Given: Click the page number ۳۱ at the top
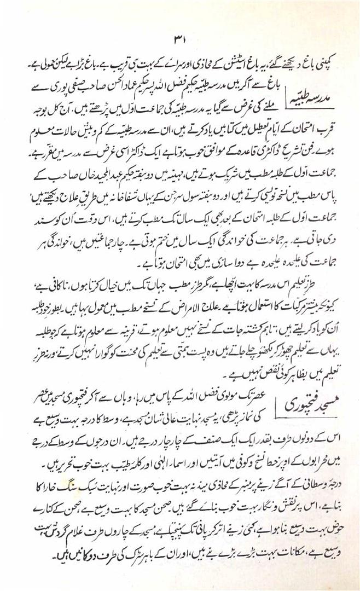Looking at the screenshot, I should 181,40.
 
